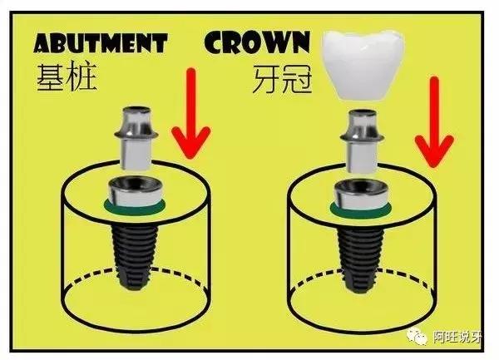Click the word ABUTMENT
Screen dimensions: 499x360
[101, 43]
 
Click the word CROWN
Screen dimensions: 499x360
[257, 42]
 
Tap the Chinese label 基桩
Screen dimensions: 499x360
[67, 77]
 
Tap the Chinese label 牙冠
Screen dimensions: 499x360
[283, 79]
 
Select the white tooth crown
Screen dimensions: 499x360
[363, 64]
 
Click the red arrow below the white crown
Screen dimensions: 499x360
[434, 122]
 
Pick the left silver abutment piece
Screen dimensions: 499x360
[136, 138]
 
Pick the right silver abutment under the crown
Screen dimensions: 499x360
[362, 141]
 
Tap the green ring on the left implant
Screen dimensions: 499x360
[135, 209]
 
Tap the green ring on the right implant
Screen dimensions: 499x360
[361, 212]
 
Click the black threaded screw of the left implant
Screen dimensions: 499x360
[135, 254]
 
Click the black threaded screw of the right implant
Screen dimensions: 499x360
[361, 258]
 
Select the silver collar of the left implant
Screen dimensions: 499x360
[136, 192]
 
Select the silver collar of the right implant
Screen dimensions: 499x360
[361, 195]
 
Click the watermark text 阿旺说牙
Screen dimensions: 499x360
[457, 338]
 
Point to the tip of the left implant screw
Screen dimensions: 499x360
[135, 289]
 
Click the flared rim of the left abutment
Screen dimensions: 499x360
[136, 135]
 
